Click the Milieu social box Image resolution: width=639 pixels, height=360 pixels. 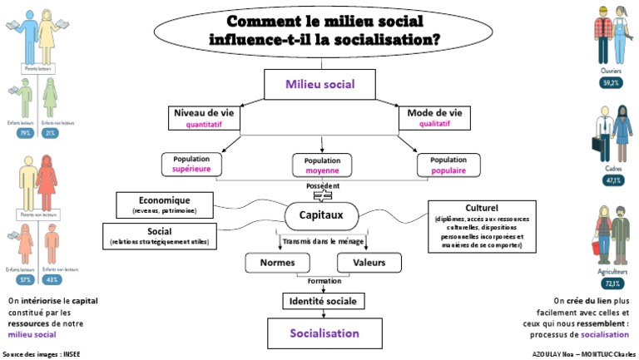(319, 84)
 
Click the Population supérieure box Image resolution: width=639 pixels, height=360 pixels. (197, 164)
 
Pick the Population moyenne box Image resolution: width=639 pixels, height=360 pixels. (322, 165)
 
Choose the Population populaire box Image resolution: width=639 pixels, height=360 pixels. (448, 164)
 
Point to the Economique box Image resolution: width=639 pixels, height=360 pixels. (164, 205)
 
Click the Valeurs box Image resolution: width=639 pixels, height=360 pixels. (369, 263)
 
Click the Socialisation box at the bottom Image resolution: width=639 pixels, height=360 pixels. (324, 333)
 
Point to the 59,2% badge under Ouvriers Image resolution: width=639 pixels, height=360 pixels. (612, 83)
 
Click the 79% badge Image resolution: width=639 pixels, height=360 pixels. (25, 133)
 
